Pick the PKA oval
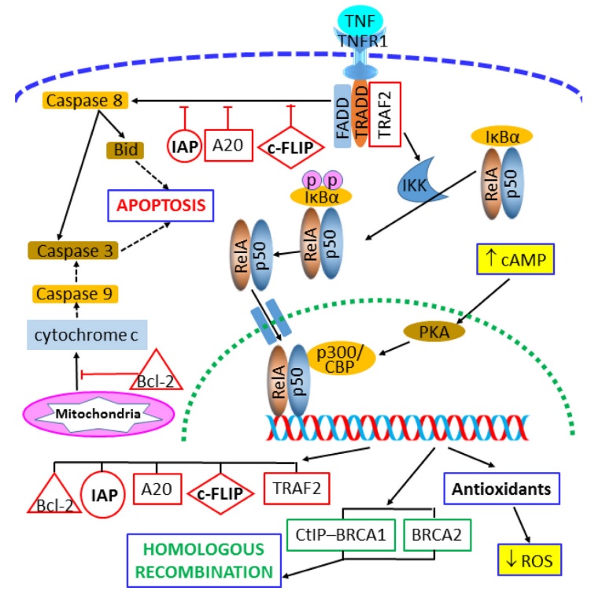point(435,332)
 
